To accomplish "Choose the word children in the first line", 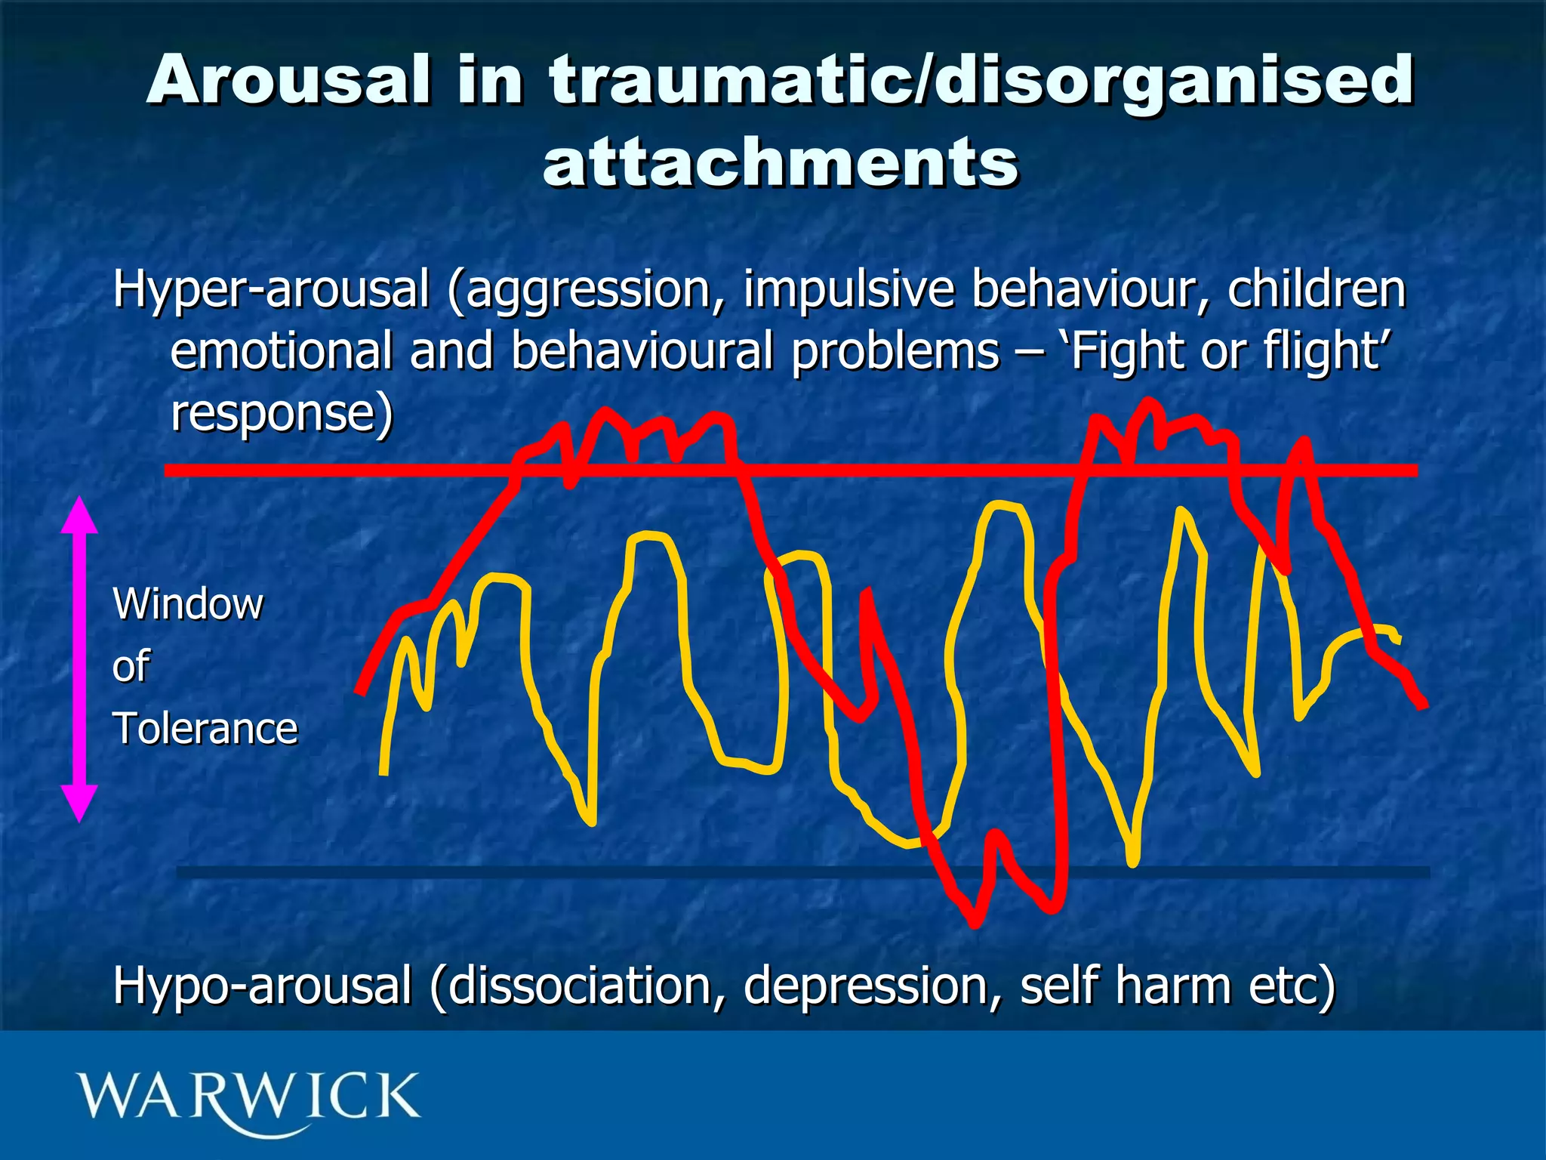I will pyautogui.click(x=1317, y=289).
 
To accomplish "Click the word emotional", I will pyautogui.click(x=281, y=352).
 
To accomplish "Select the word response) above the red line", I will pyautogui.click(x=282, y=414).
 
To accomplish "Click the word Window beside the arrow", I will pyautogui.click(x=188, y=604).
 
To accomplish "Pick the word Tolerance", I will pyautogui.click(x=205, y=730).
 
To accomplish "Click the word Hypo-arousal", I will pyautogui.click(x=262, y=986).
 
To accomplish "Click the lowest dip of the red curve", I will pyautogui.click(x=975, y=921).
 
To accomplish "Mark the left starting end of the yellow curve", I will pyautogui.click(x=383, y=772).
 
